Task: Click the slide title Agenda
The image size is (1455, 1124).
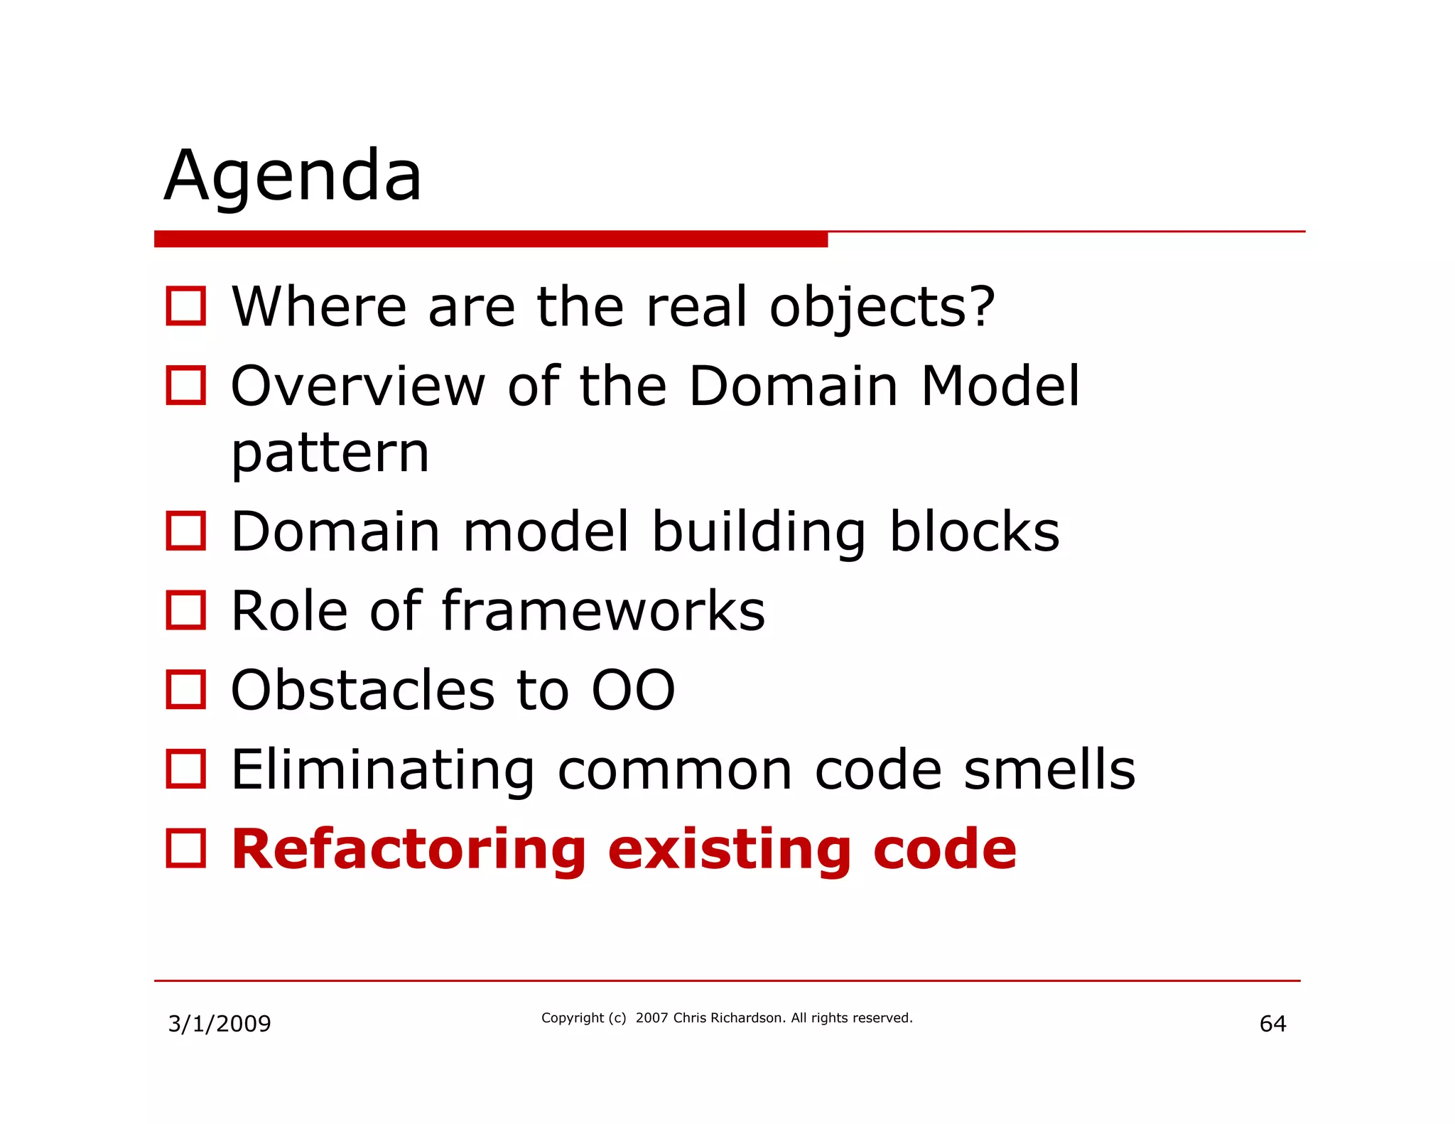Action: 293,175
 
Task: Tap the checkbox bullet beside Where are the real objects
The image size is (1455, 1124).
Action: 186,306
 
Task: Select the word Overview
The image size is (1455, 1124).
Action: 358,387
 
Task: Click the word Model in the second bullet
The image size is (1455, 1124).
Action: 1000,387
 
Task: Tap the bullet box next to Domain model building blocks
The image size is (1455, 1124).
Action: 186,531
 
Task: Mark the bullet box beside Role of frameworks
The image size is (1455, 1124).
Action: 186,610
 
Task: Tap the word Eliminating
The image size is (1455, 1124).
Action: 383,770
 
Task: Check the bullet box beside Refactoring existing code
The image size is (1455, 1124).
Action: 186,848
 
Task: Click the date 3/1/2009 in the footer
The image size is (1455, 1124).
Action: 220,1024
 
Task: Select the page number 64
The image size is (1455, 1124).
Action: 1272,1024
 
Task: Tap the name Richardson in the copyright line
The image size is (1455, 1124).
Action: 747,1018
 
